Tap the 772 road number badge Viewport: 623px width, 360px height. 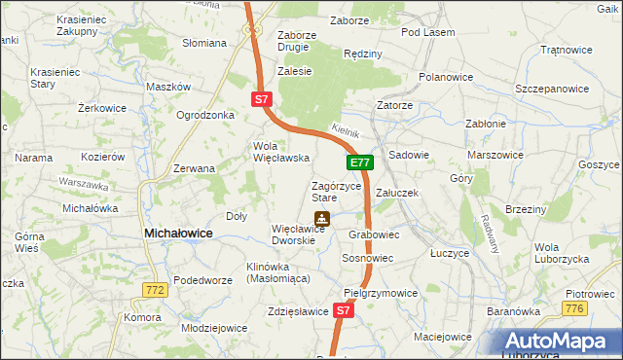click(154, 290)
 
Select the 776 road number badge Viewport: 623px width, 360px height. click(574, 308)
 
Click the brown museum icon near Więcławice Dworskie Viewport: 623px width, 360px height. click(320, 219)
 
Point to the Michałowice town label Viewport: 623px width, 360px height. click(178, 234)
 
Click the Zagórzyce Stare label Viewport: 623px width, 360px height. click(337, 191)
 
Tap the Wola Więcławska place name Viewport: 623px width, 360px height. click(281, 152)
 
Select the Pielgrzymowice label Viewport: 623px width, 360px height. click(381, 292)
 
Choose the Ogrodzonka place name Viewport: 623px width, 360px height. click(205, 115)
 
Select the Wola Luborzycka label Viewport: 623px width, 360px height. click(560, 253)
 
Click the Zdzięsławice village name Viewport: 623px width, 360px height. click(297, 311)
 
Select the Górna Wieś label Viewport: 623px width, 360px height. click(29, 243)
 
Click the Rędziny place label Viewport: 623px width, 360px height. click(363, 54)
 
